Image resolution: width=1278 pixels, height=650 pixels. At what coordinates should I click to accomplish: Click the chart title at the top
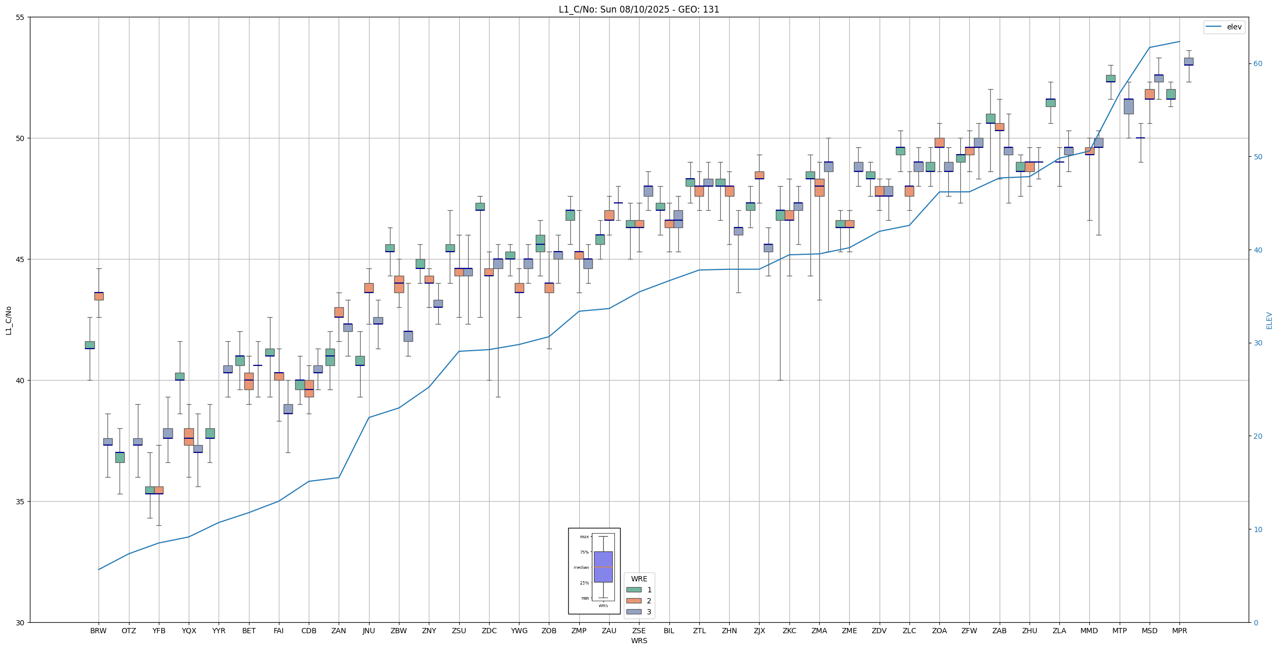tap(638, 9)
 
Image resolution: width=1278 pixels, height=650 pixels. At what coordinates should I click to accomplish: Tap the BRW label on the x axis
tap(98, 631)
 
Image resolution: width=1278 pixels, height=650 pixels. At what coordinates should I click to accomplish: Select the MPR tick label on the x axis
tap(1179, 631)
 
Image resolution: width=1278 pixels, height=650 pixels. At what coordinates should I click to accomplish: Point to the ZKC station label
tap(789, 631)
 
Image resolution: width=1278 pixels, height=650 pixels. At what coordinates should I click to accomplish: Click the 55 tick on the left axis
tap(20, 17)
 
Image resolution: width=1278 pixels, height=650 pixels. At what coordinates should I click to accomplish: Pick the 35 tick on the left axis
tap(20, 502)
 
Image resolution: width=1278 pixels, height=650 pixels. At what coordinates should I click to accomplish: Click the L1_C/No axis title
tap(8, 320)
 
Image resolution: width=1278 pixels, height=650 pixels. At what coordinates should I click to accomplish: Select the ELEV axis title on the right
tap(1269, 320)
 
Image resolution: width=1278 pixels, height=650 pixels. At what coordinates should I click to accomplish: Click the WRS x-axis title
tap(638, 641)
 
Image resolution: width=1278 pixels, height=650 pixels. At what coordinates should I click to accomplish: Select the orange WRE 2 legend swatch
tap(634, 601)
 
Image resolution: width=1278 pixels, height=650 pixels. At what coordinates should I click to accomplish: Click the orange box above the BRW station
tap(99, 296)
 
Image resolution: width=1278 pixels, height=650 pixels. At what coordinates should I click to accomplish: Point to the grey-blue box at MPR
tap(1188, 61)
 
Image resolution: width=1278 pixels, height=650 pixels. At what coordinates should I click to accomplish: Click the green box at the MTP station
tap(1110, 79)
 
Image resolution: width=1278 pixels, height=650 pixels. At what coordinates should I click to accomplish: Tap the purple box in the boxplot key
tap(603, 567)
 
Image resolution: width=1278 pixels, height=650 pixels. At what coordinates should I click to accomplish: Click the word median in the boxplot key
tap(581, 567)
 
